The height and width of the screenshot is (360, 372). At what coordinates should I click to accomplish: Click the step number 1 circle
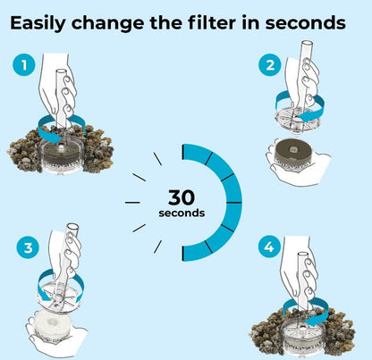click(x=24, y=64)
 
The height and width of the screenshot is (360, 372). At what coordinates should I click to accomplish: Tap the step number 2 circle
click(x=270, y=64)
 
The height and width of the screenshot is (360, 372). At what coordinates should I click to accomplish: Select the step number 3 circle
click(x=28, y=247)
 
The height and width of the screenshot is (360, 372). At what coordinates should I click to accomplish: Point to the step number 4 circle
click(x=269, y=247)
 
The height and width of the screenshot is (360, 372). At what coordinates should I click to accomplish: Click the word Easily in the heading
click(x=38, y=23)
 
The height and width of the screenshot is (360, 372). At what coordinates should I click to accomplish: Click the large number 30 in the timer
click(x=182, y=197)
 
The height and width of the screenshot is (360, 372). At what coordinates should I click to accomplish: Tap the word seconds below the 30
click(x=182, y=213)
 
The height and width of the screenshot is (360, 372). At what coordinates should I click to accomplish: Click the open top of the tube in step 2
click(x=307, y=42)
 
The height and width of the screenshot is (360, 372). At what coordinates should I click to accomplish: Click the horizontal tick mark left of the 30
click(x=132, y=203)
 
